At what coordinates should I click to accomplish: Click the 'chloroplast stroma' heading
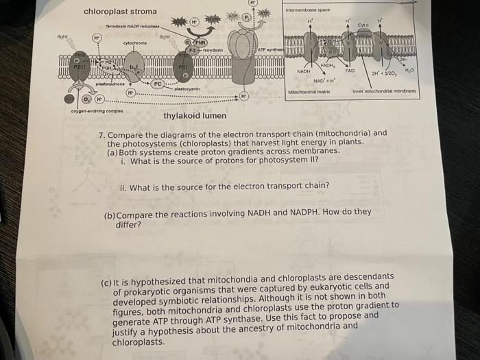119,12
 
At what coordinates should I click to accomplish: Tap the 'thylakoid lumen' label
194,116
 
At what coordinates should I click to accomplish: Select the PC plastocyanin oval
158,84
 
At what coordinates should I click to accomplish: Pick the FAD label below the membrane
350,71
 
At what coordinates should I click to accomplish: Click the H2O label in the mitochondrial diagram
409,71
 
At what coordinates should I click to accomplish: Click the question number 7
101,134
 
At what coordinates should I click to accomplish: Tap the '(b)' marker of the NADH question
109,215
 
